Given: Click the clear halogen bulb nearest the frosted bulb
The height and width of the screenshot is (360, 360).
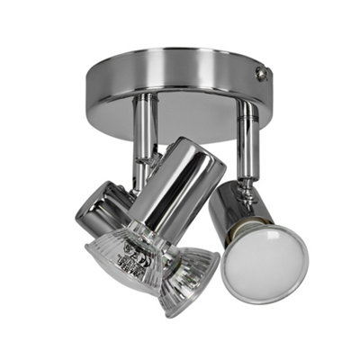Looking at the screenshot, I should (189, 279).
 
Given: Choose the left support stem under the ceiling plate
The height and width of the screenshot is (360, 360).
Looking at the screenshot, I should (144, 135).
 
